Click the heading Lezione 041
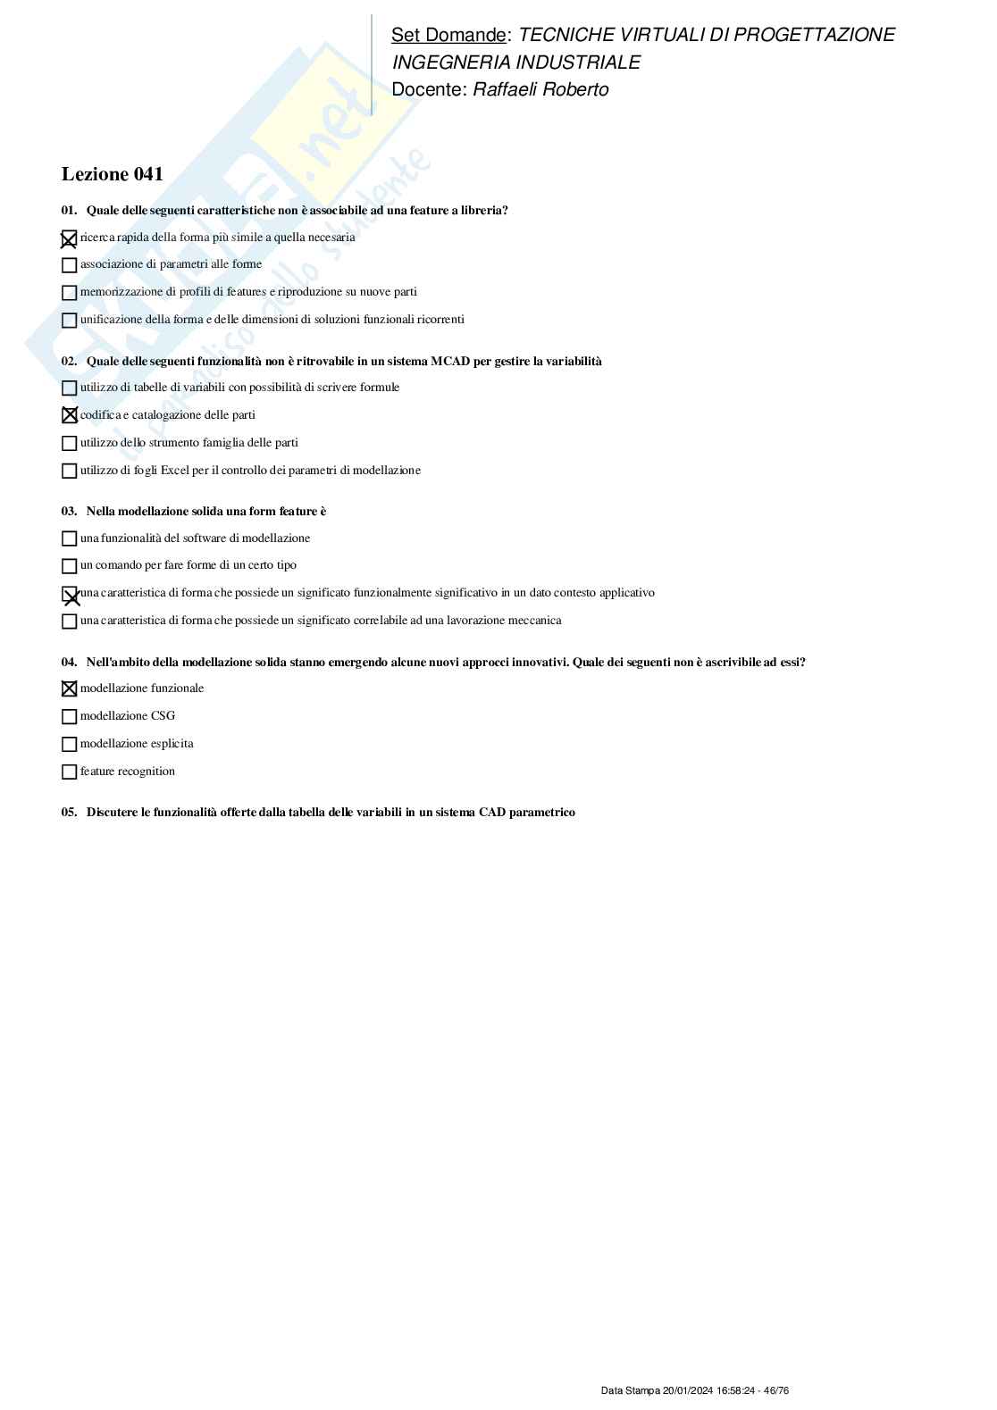(x=112, y=174)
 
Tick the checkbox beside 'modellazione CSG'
(x=69, y=717)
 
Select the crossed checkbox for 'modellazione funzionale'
(x=69, y=689)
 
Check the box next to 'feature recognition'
(x=69, y=772)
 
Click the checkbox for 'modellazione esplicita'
(x=69, y=745)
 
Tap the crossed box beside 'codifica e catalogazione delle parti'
(x=69, y=415)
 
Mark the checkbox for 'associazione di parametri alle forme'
(x=69, y=265)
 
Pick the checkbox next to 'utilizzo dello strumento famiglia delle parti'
(x=69, y=444)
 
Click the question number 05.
(x=69, y=813)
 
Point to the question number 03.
(x=69, y=512)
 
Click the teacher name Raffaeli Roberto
(x=540, y=90)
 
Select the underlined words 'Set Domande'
(x=448, y=35)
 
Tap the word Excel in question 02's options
(x=175, y=471)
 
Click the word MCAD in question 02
(x=450, y=362)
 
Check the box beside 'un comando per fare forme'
(x=69, y=566)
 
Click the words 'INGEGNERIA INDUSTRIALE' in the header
(x=516, y=63)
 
